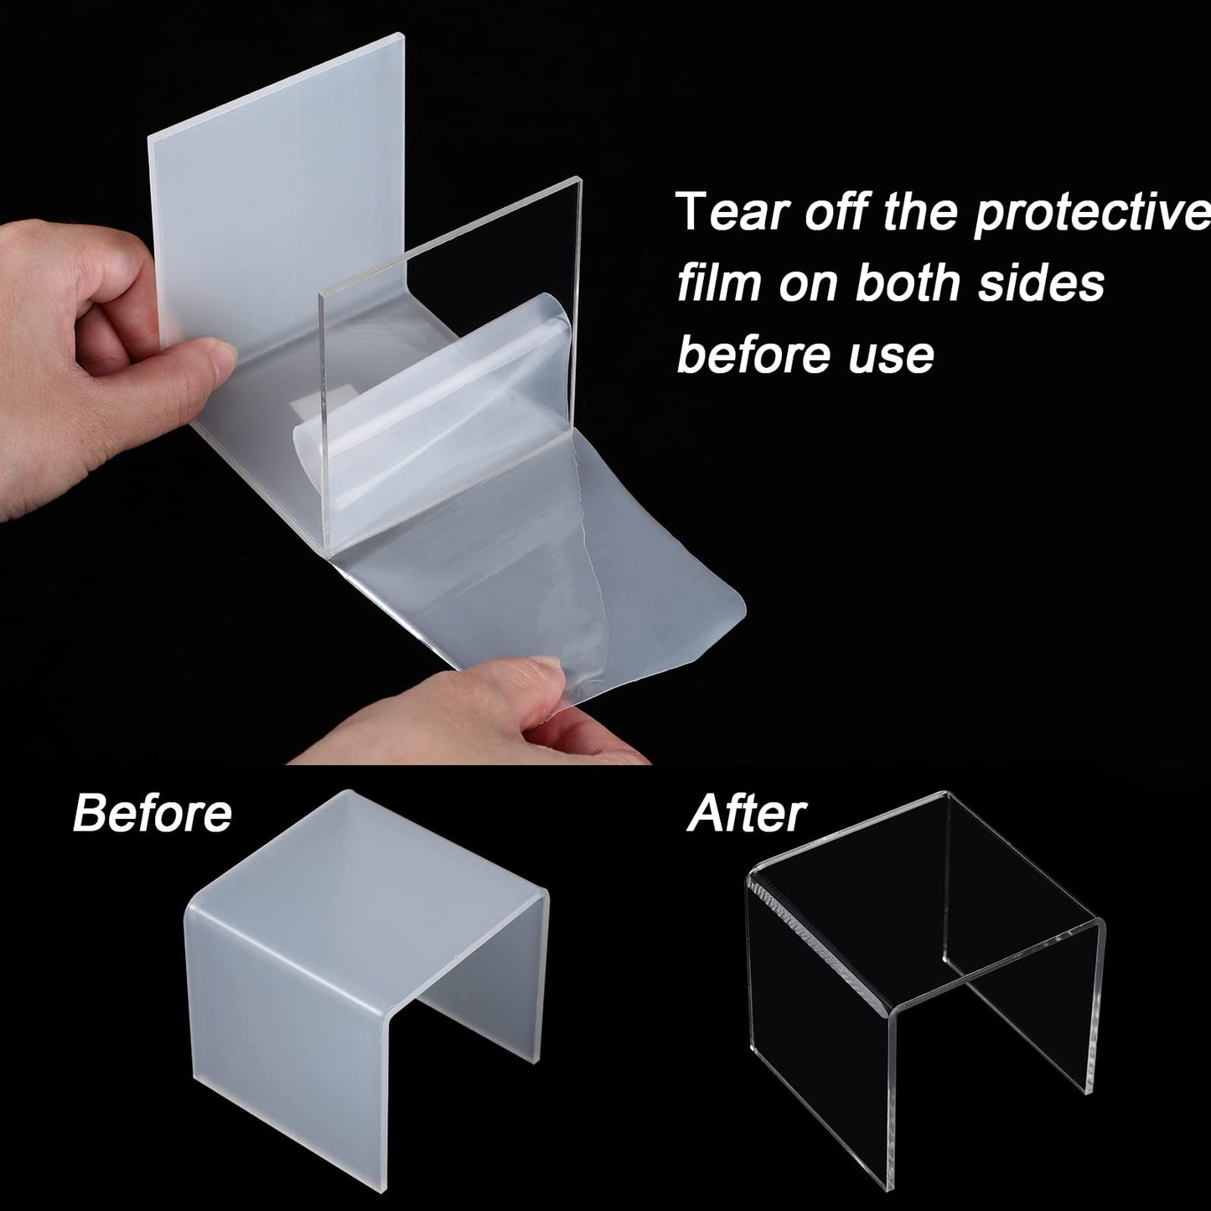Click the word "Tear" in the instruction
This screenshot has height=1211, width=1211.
point(732,212)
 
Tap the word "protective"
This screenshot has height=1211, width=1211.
point(1092,215)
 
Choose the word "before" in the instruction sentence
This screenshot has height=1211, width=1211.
point(753,354)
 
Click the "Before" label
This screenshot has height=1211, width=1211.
point(152,813)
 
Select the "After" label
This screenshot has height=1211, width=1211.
point(746,813)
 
